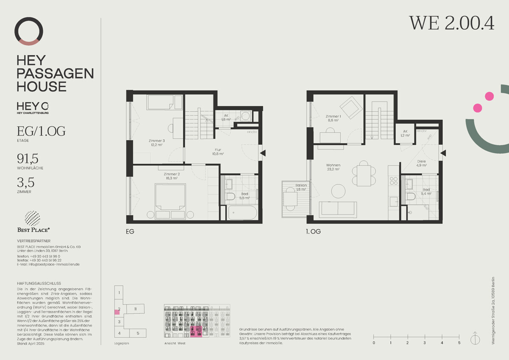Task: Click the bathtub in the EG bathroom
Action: (x=243, y=212)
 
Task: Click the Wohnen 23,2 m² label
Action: (x=333, y=167)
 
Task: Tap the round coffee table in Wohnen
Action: (x=339, y=191)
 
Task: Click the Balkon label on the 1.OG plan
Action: (x=301, y=187)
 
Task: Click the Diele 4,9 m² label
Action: (x=421, y=163)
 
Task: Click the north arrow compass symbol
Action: (x=475, y=339)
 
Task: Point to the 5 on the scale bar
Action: (x=459, y=343)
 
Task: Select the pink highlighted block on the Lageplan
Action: (x=117, y=312)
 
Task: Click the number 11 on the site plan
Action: (x=135, y=309)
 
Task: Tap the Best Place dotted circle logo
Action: (x=33, y=219)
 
